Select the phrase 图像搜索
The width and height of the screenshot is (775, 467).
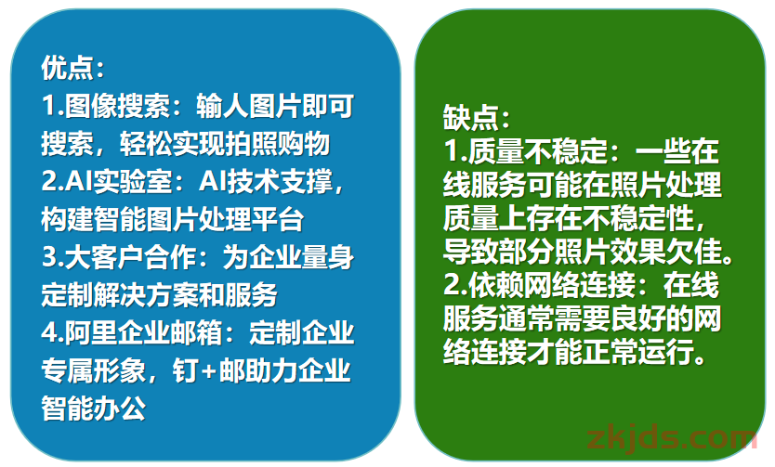tap(118, 105)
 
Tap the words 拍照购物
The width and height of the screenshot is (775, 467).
tap(277, 143)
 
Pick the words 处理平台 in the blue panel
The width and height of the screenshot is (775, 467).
tap(251, 219)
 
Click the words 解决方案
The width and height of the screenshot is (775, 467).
tap(146, 294)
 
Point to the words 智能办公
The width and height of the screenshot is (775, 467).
tap(94, 409)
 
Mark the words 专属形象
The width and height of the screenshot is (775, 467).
tap(94, 370)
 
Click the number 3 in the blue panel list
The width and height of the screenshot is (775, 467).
tap(49, 257)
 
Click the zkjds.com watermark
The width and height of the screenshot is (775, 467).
tap(672, 438)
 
